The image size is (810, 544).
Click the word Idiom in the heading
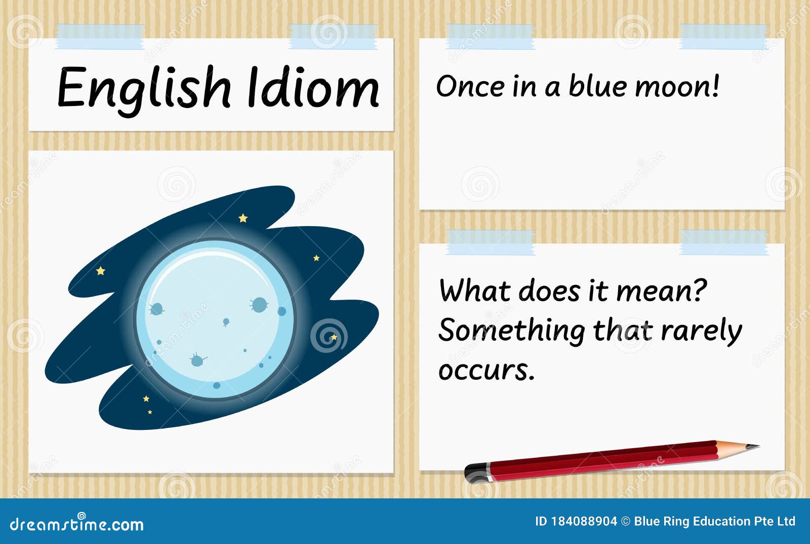tap(313, 87)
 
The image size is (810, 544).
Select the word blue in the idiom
tap(597, 86)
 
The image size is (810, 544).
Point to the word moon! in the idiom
tap(677, 86)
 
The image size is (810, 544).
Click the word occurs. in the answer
tap(487, 371)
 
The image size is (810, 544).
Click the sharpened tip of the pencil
tap(758, 446)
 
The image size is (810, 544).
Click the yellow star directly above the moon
tap(243, 218)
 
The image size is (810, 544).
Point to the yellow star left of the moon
tap(101, 271)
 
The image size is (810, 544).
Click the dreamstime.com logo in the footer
tap(76, 523)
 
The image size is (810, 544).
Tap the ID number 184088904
tap(584, 522)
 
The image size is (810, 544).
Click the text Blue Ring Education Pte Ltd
tap(715, 522)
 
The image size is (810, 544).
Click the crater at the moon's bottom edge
tap(217, 385)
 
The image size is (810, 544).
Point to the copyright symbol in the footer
tap(626, 522)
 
